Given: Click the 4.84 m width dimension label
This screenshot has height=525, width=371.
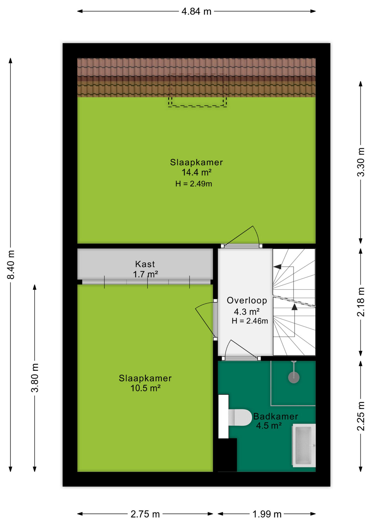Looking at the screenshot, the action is pyautogui.click(x=196, y=11).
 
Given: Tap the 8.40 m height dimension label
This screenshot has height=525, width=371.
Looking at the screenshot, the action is pyautogui.click(x=11, y=264).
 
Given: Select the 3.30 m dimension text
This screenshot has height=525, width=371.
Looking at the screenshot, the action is pyautogui.click(x=361, y=162).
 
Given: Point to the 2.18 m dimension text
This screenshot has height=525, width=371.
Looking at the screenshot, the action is pyautogui.click(x=361, y=302).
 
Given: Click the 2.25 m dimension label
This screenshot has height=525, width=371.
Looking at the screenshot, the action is pyautogui.click(x=361, y=416).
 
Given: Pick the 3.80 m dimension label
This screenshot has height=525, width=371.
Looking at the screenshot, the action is pyautogui.click(x=35, y=378).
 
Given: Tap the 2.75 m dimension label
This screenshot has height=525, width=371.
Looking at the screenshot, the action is pyautogui.click(x=145, y=514).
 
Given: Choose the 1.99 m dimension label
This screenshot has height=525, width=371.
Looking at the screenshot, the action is pyautogui.click(x=267, y=514).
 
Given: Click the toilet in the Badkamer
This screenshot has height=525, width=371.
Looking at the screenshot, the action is pyautogui.click(x=240, y=418).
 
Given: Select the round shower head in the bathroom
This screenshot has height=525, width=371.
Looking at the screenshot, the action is pyautogui.click(x=294, y=378).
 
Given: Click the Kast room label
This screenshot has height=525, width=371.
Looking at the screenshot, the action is pyautogui.click(x=145, y=264).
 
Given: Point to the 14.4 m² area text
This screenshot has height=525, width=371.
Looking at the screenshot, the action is pyautogui.click(x=196, y=173).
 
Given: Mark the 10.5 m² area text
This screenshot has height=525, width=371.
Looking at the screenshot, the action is pyautogui.click(x=145, y=388).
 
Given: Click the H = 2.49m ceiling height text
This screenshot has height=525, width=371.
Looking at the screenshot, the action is pyautogui.click(x=194, y=184).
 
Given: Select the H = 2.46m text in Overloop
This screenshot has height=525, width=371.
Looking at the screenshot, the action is pyautogui.click(x=250, y=321).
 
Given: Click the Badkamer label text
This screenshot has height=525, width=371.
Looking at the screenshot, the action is pyautogui.click(x=276, y=416).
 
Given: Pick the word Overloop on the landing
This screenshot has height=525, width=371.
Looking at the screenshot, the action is pyautogui.click(x=247, y=301).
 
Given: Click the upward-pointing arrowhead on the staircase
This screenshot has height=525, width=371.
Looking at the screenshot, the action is pyautogui.click(x=295, y=307).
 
